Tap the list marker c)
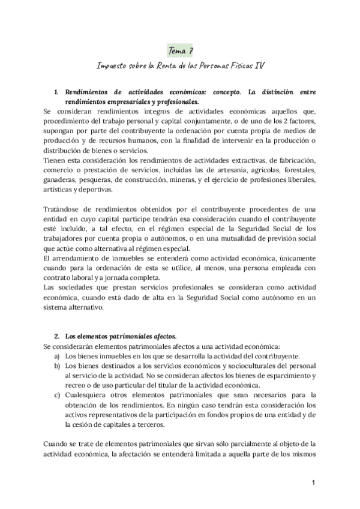pos(56,394)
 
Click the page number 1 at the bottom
pos(313,483)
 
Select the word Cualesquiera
pos(88,394)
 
